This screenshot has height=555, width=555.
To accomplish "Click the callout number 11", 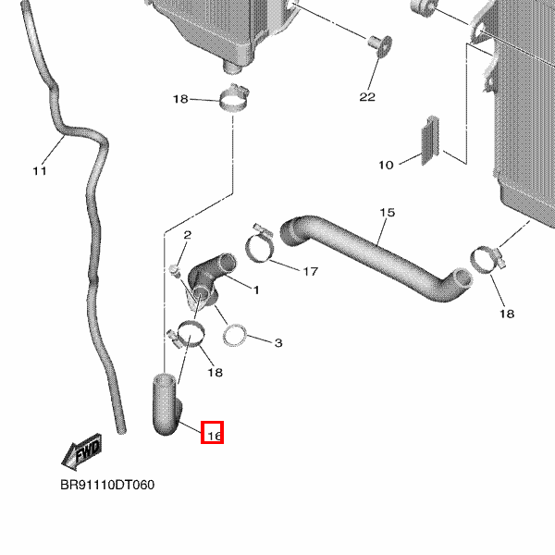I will pos(39,170).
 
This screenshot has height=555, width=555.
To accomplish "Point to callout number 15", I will pos(387,213).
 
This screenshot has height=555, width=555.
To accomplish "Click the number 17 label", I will pos(310,271).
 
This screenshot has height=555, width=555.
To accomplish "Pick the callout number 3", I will pos(277,343).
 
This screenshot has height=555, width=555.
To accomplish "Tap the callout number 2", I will pos(187,236).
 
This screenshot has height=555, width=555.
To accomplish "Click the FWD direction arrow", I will pos(82,452).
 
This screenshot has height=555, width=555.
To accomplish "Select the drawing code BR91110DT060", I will pos(107,485).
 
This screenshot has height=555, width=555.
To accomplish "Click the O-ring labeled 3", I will pos(238,334).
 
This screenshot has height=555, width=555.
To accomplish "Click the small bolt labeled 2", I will pos(173,270).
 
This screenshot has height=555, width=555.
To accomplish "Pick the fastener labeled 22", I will pos(375,43).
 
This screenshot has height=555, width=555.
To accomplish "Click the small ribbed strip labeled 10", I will pos(429,142).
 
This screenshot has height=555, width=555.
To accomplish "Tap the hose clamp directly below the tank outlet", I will pos(234,97).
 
